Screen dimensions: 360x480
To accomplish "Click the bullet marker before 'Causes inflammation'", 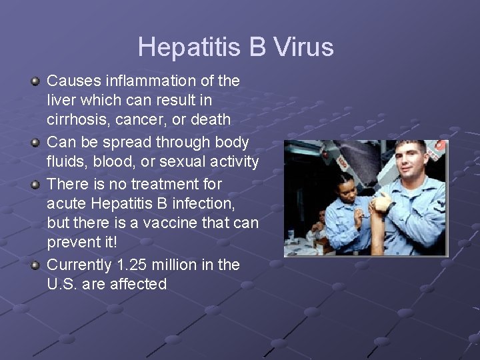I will [x=35, y=81].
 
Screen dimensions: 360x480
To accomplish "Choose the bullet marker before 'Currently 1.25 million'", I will [x=35, y=265].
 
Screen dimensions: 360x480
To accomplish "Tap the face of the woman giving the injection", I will [x=348, y=189].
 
